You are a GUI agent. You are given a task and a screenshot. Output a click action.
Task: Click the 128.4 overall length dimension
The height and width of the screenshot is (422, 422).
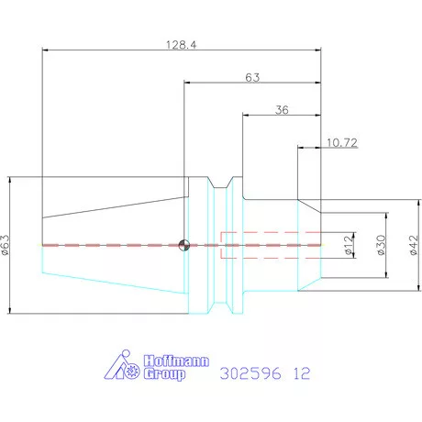pos(182,45)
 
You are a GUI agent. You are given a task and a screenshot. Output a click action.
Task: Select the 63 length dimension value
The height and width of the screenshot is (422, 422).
pos(252,78)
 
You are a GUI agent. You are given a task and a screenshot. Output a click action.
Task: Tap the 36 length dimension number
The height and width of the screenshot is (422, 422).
pos(282,110)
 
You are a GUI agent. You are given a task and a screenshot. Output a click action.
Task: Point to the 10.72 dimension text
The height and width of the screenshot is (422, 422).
pos(342,142)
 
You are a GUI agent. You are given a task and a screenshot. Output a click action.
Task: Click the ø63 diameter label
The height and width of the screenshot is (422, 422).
pos(6,245)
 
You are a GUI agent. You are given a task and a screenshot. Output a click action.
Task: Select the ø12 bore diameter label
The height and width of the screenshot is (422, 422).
pos(349,245)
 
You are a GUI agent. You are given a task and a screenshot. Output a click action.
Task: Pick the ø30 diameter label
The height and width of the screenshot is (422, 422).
pos(381,245)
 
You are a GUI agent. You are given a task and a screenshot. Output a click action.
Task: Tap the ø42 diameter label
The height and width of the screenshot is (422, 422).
pos(413,245)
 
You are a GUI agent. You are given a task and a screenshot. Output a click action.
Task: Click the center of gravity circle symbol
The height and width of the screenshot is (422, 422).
pos(184,245)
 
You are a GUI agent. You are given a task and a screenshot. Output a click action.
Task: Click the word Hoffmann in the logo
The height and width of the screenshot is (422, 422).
pos(176,361)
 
